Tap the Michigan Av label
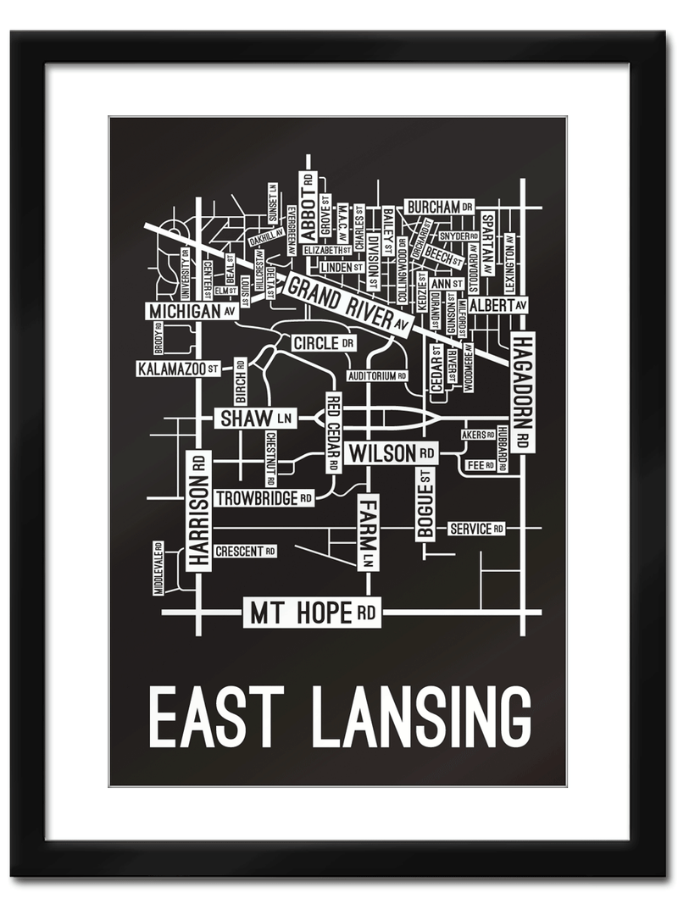click(191, 312)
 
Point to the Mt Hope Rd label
click(312, 613)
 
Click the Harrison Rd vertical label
click(198, 509)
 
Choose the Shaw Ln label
click(255, 418)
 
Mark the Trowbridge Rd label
click(264, 498)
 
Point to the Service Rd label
click(475, 529)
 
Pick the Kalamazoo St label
click(179, 369)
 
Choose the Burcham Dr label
click(439, 207)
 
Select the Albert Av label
click(497, 305)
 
